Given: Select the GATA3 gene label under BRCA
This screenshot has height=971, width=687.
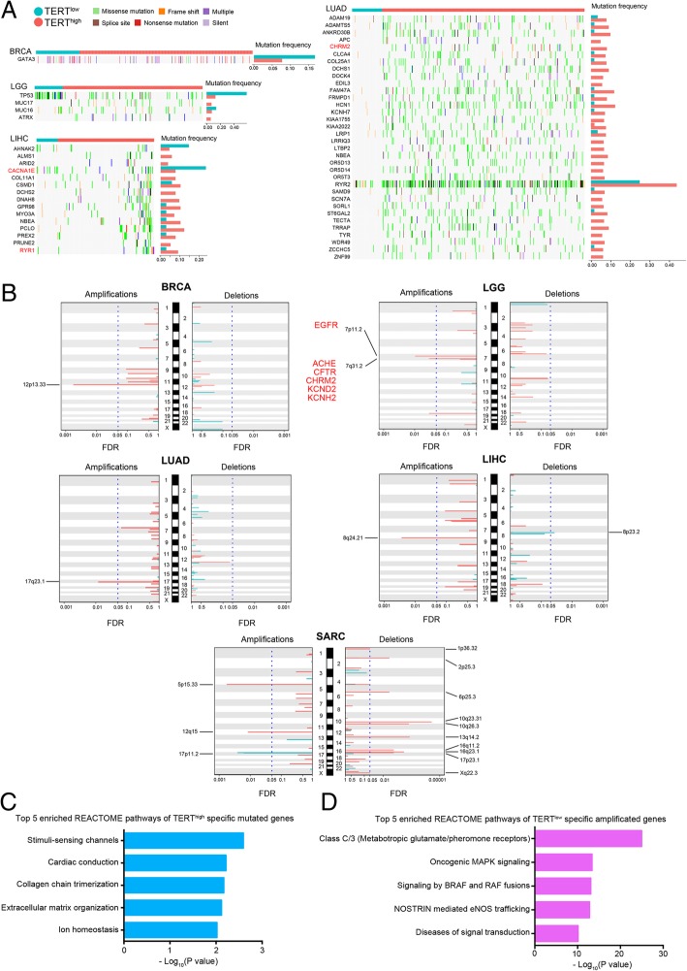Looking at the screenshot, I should pyautogui.click(x=20, y=60).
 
